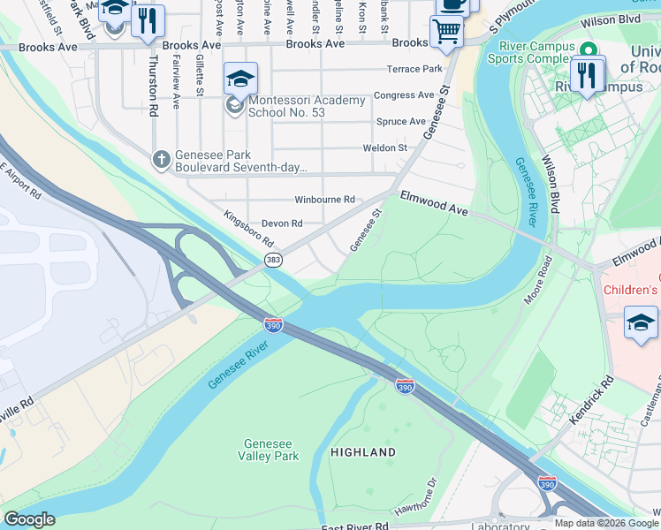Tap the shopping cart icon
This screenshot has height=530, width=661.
446,33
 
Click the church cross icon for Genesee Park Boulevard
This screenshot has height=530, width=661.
161,159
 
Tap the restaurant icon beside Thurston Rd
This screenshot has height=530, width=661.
148,21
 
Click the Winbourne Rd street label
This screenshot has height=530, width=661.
324,200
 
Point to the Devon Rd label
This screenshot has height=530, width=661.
282,223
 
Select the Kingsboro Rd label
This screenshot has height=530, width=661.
248,229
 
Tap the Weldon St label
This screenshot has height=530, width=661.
384,148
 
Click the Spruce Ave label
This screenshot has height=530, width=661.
400,122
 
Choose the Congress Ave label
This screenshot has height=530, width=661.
404,95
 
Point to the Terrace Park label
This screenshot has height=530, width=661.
414,69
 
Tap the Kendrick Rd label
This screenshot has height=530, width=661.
592,402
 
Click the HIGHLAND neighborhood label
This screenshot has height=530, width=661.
362,452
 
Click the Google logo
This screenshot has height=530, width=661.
29,519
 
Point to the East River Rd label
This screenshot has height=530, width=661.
355,526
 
